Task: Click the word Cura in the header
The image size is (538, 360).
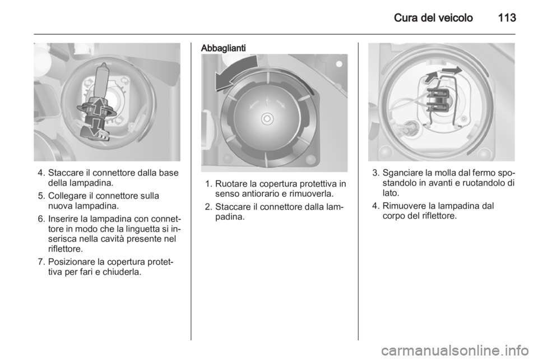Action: [406, 17]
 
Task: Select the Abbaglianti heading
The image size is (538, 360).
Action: [224, 48]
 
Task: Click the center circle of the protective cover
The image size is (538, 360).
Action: [267, 119]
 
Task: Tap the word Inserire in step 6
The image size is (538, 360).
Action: [62, 219]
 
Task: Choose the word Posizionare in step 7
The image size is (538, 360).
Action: [72, 262]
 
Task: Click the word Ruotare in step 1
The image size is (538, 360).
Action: [230, 184]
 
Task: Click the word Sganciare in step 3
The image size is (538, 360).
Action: [402, 173]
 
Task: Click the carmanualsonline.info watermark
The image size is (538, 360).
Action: [457, 350]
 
